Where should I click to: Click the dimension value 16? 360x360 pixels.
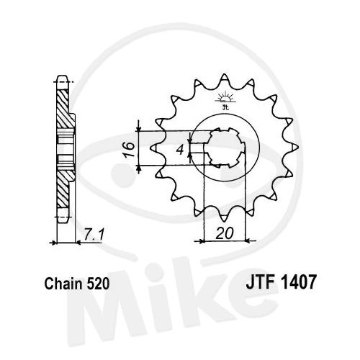coord(129,149)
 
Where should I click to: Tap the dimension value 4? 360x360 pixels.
coord(180,150)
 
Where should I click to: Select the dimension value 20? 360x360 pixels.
coord(225,233)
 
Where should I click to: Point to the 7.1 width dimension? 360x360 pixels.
coord(94,235)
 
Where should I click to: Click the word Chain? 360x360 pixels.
coord(63,284)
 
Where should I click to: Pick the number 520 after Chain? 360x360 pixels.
coord(97,284)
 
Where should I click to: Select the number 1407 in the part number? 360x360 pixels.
coord(297,282)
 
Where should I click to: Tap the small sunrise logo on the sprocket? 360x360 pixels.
coord(225,100)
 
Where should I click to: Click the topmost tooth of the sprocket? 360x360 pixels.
coord(225,78)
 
